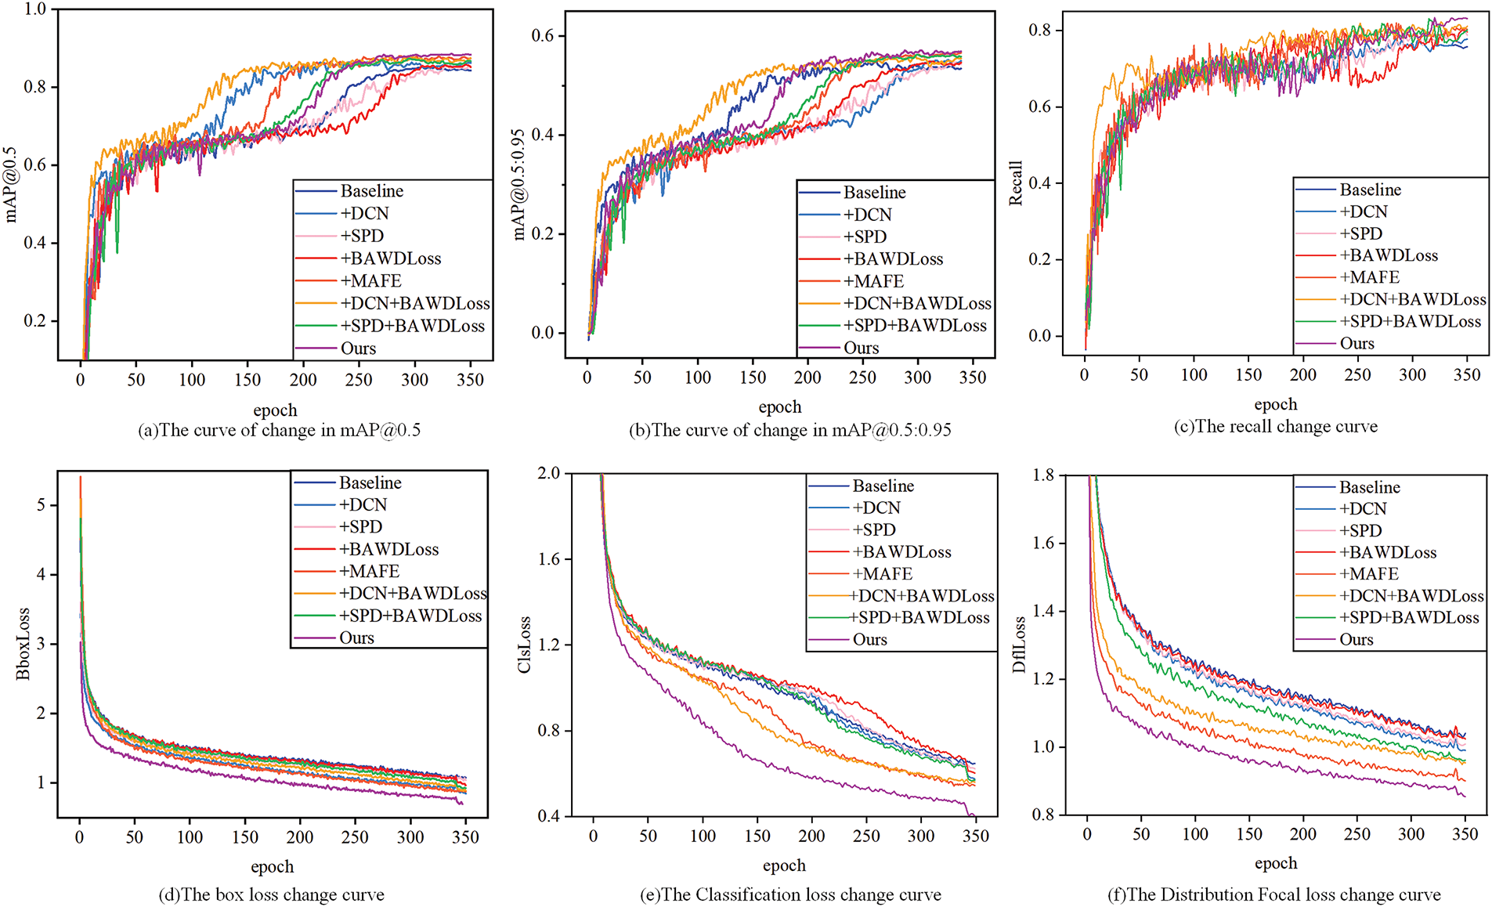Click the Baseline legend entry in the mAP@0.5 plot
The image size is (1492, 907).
371,191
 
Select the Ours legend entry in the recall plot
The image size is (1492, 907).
1357,343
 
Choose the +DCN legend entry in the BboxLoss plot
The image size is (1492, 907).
363,505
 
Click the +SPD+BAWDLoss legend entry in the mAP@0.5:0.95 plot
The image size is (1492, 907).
915,326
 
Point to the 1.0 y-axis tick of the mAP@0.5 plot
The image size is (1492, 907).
36,9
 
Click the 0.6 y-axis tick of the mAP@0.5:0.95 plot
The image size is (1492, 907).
543,36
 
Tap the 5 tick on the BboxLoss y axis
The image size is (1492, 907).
41,505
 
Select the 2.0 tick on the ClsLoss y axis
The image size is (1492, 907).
549,473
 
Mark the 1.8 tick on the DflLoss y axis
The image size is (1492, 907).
1043,475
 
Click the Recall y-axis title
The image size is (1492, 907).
1016,183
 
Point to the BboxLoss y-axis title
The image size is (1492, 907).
23,643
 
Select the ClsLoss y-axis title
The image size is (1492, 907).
524,645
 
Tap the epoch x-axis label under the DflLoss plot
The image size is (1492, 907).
1276,863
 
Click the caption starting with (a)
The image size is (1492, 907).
279,430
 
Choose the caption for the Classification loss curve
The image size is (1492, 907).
791,894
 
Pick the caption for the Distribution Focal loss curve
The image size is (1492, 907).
1273,894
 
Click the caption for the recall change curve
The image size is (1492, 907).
1275,427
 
